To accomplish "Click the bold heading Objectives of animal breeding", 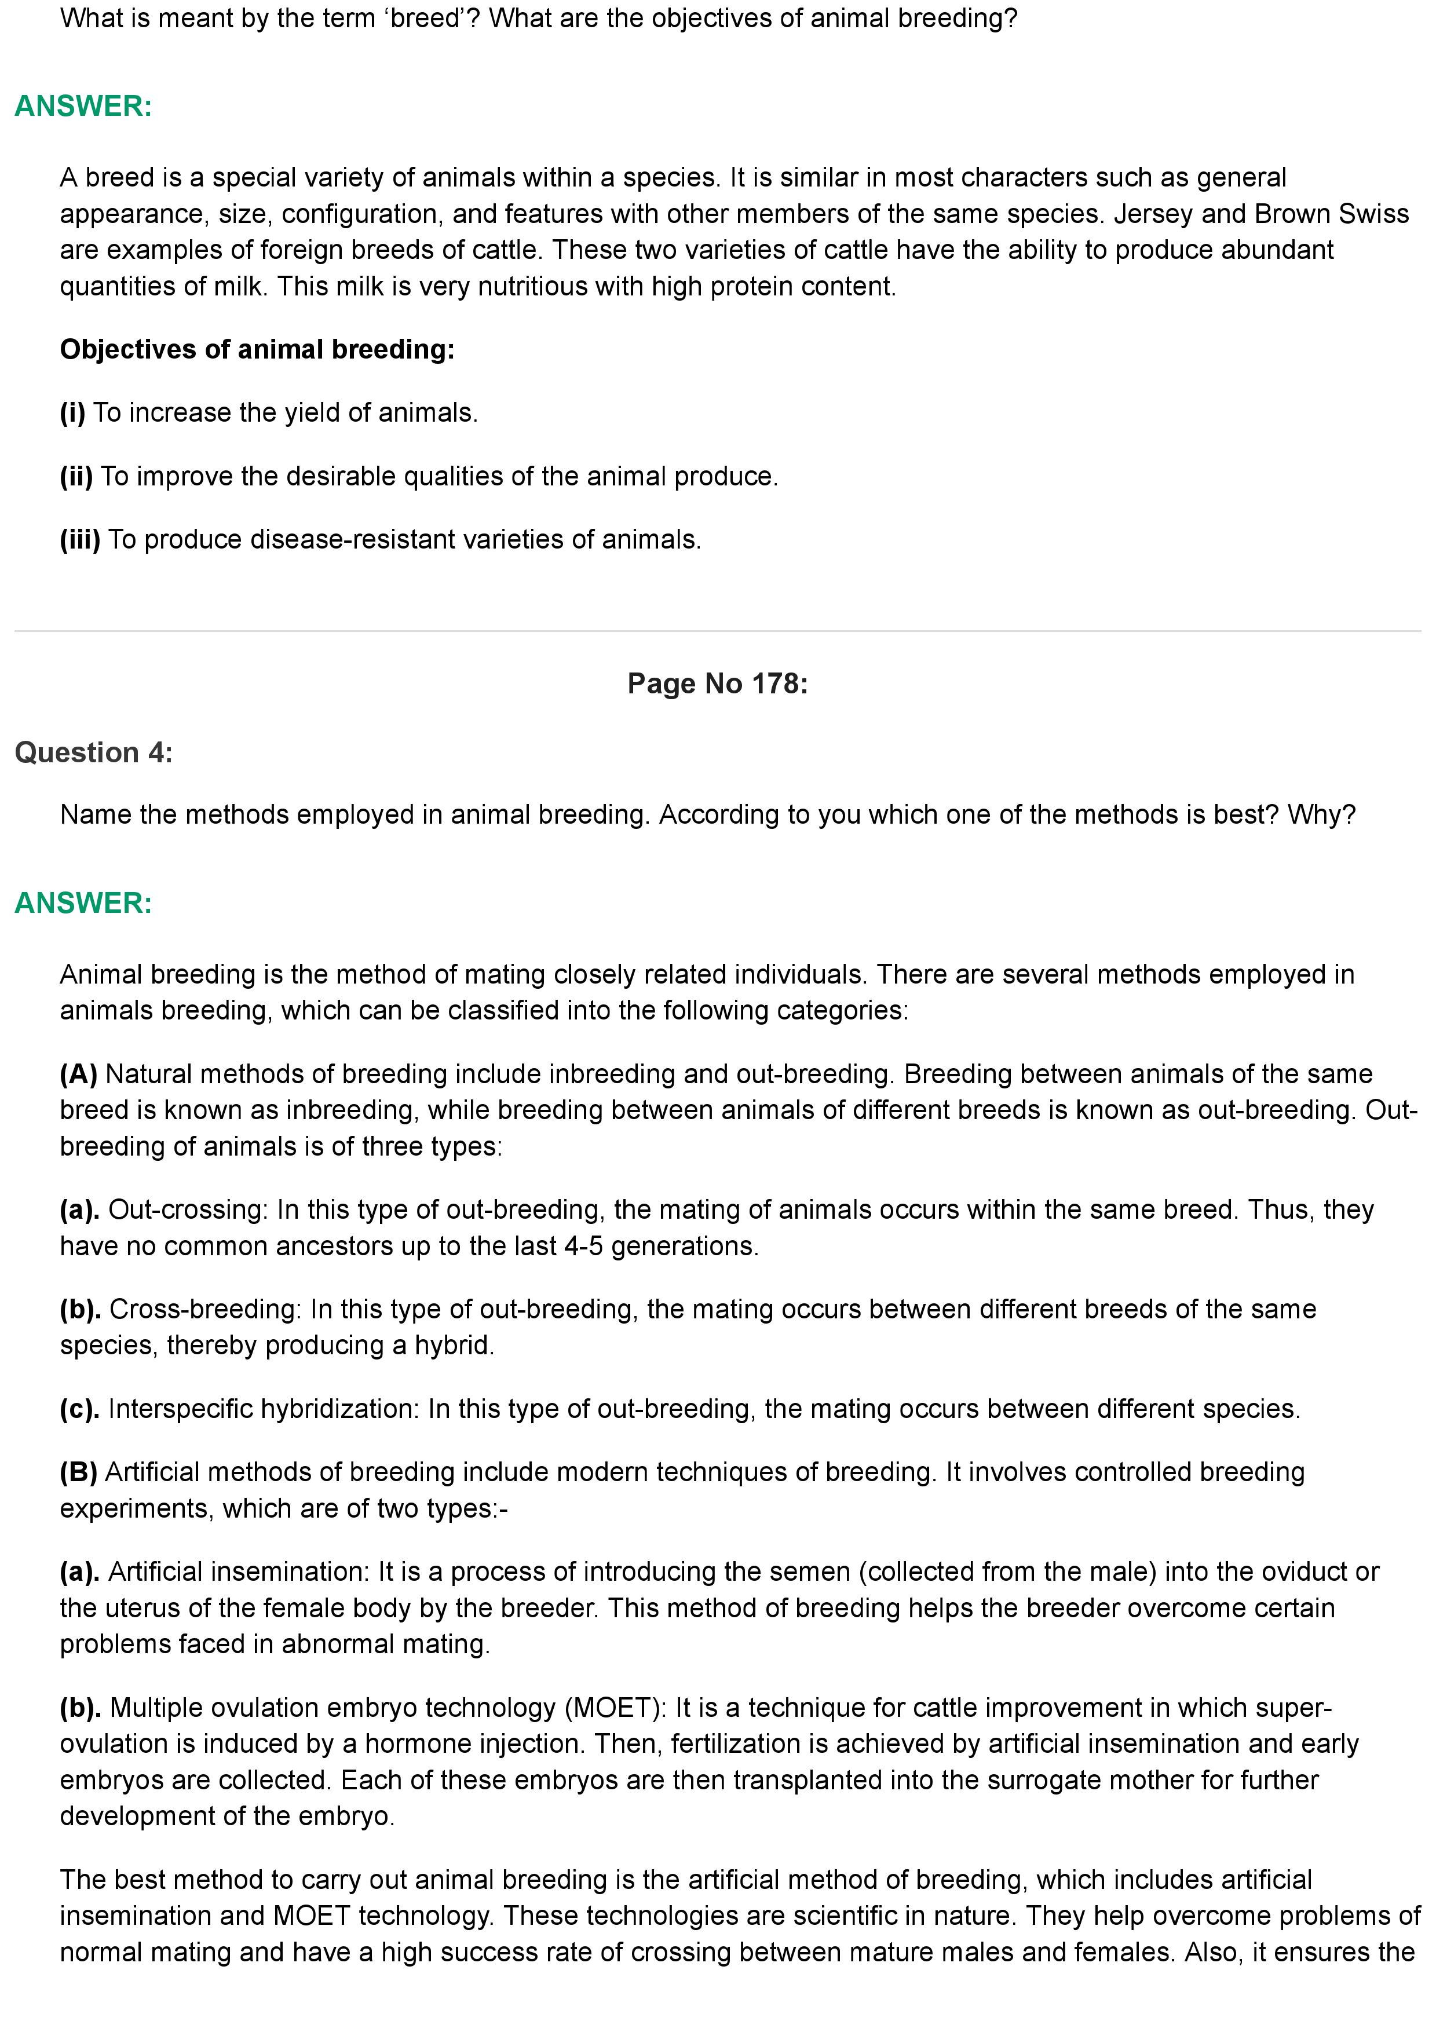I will (x=257, y=350).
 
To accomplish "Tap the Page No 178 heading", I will (x=718, y=684).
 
